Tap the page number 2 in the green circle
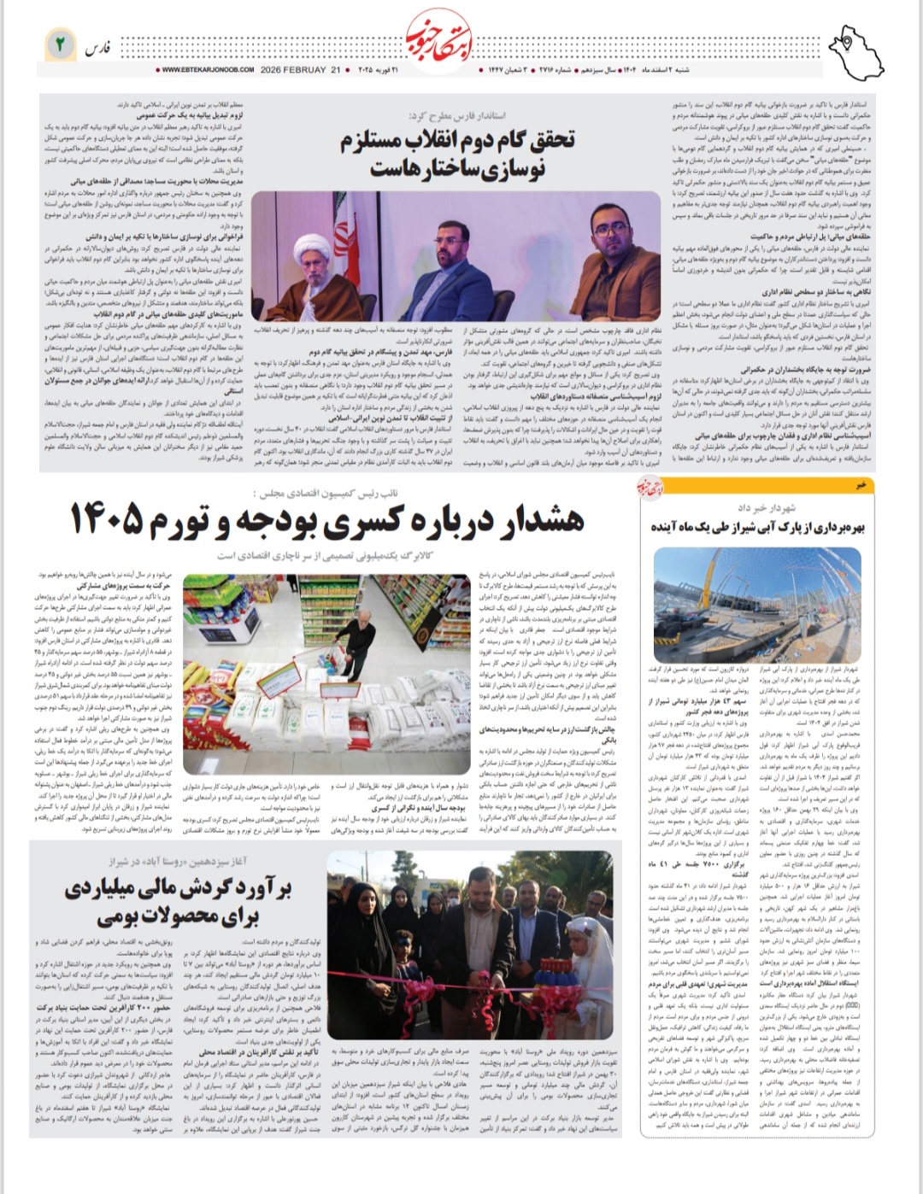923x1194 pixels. click(x=60, y=44)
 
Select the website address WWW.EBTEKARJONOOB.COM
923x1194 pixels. click(x=207, y=70)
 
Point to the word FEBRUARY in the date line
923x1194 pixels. click(x=306, y=70)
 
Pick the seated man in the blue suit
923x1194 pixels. click(x=450, y=273)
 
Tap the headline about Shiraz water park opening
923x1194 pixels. click(x=758, y=526)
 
